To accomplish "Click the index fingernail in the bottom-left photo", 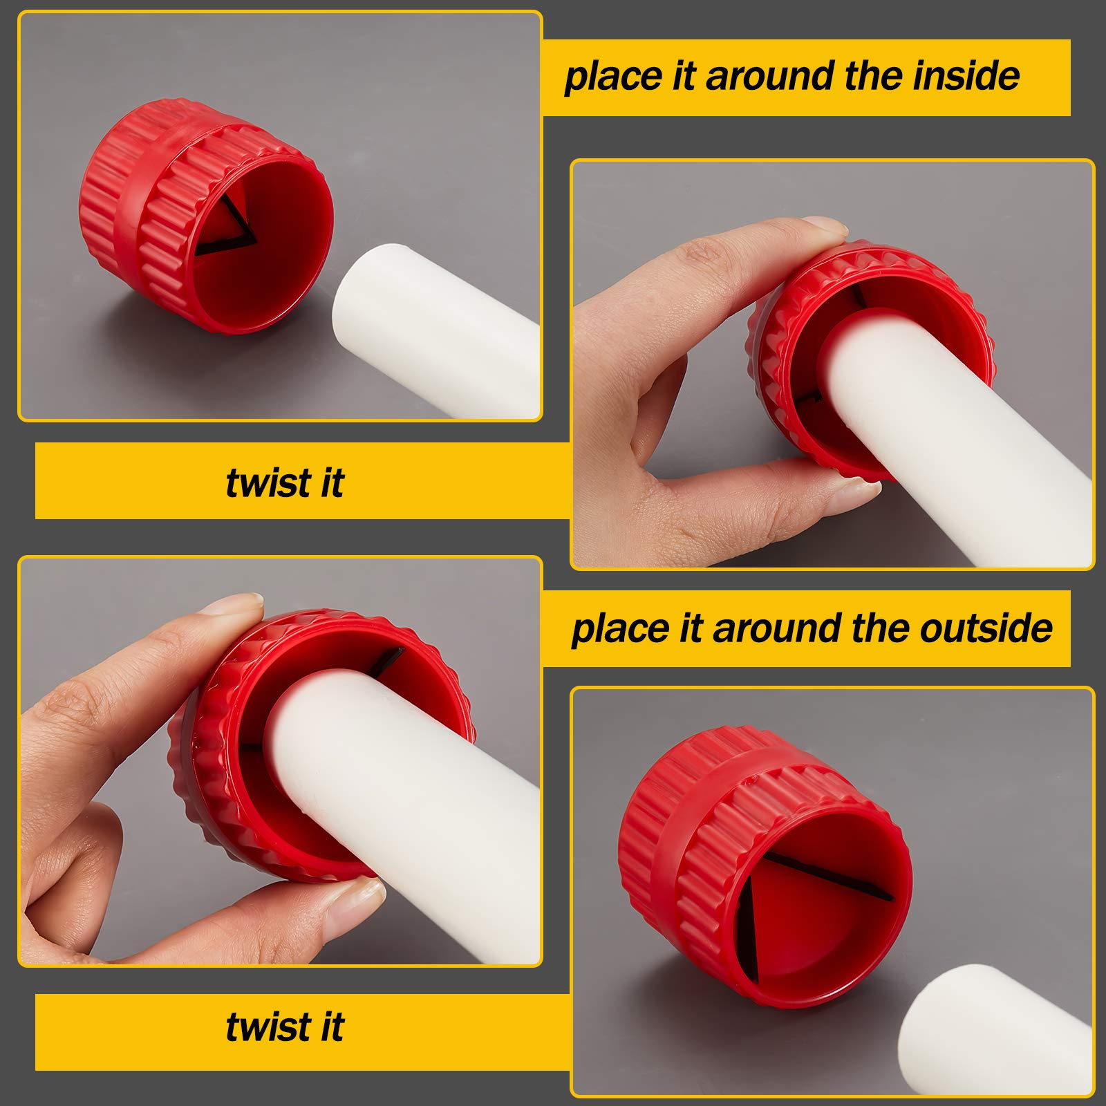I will coord(235,606).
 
